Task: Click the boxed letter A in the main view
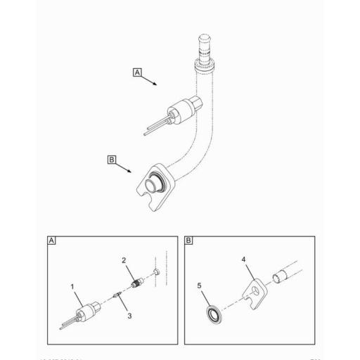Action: click(136, 72)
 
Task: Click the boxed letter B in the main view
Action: click(111, 160)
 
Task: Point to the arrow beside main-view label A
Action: click(149, 80)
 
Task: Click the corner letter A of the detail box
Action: click(51, 240)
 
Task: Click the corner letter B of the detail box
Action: click(189, 240)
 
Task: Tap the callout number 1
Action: click(72, 286)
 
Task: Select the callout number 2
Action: click(123, 261)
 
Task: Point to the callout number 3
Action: click(129, 316)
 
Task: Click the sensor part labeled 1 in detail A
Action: click(89, 311)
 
